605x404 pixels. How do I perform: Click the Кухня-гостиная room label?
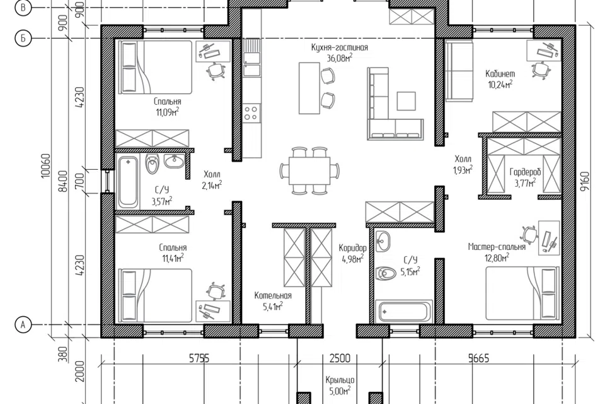pos(340,47)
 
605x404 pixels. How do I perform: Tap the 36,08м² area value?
pos(340,58)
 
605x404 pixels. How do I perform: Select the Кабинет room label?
pos(500,73)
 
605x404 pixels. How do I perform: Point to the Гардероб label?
pos(525,172)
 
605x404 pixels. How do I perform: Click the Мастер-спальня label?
pos(497,247)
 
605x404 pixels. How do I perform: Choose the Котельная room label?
pos(273,296)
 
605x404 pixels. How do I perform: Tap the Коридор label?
pos(353,248)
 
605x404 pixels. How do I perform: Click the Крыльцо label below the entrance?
pos(340,380)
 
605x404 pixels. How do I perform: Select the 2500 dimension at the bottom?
pos(340,359)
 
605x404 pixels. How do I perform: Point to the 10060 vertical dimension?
pos(45,166)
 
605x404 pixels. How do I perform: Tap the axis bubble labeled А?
pos(23,324)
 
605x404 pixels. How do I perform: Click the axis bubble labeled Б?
pos(23,39)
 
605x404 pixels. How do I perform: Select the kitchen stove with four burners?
pos(251,112)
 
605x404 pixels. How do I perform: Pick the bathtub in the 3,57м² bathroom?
pos(128,182)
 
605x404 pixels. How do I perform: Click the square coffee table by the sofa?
pos(406,101)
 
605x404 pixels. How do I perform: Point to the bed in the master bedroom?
pos(522,293)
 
